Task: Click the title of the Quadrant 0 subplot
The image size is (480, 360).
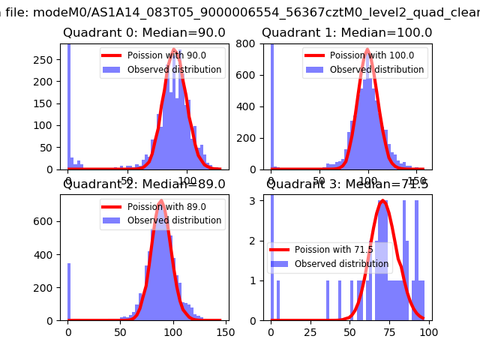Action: point(144,33)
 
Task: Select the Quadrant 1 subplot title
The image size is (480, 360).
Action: point(346,33)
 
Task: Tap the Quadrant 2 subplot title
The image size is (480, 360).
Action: point(144,184)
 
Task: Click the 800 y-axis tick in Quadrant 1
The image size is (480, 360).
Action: point(250,43)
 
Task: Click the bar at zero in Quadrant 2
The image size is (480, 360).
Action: point(68,292)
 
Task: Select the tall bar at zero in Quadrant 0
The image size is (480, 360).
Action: point(68,105)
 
